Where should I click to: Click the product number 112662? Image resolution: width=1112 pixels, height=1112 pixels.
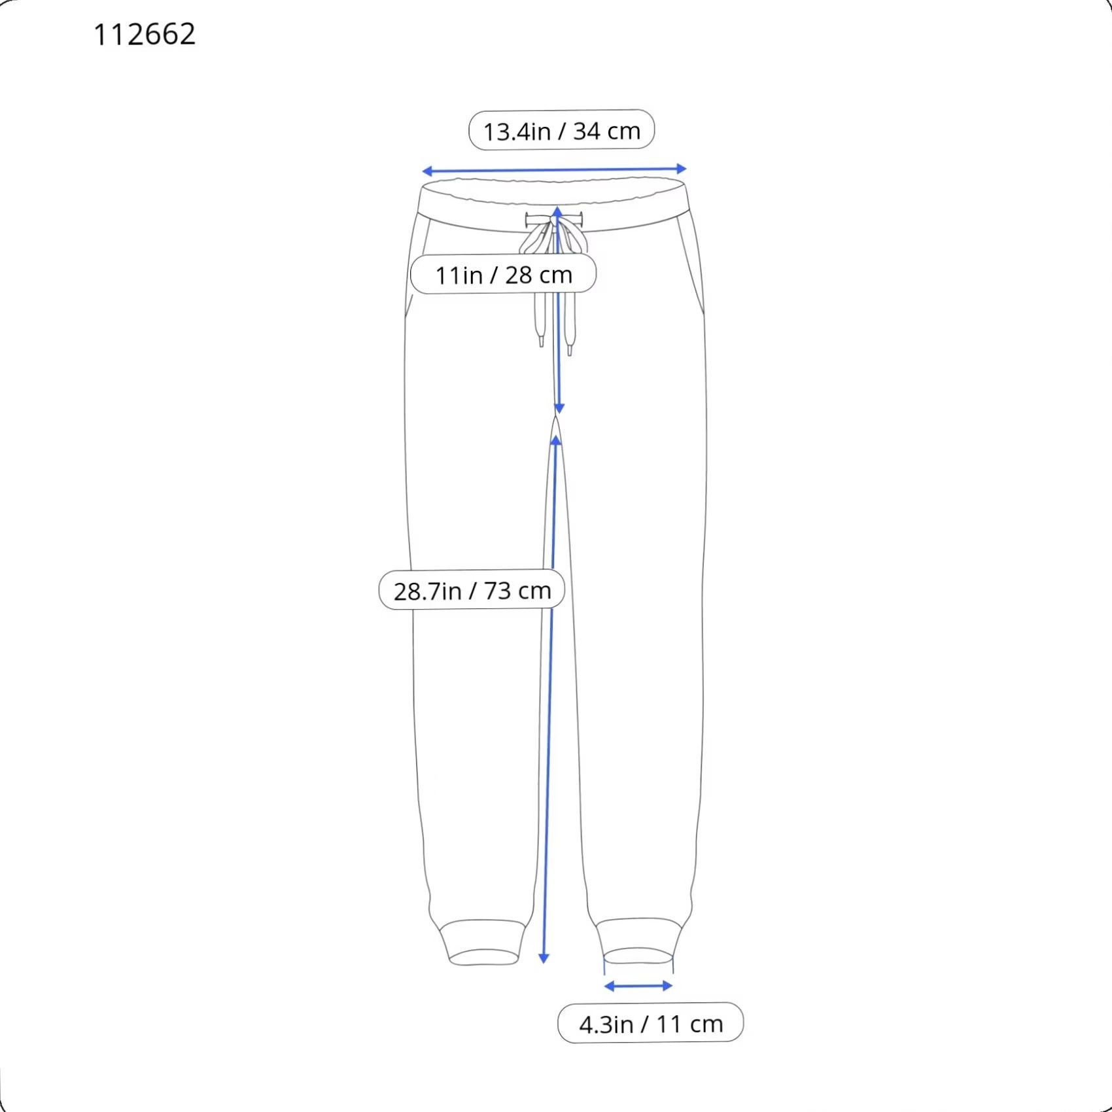[145, 35]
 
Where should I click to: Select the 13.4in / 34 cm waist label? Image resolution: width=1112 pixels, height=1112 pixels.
[561, 130]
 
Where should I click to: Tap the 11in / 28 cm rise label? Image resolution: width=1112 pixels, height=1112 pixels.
[503, 274]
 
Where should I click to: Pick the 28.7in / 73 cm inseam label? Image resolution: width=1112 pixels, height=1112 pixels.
[472, 590]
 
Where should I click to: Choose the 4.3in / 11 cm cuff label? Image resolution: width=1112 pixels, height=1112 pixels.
[650, 1023]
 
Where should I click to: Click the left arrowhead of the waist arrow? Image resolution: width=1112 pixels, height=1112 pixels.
[426, 171]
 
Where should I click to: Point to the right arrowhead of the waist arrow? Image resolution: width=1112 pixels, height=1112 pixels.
[682, 169]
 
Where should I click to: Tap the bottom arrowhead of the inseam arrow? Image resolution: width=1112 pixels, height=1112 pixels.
[544, 958]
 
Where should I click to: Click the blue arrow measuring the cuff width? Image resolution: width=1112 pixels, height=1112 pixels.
[638, 986]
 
